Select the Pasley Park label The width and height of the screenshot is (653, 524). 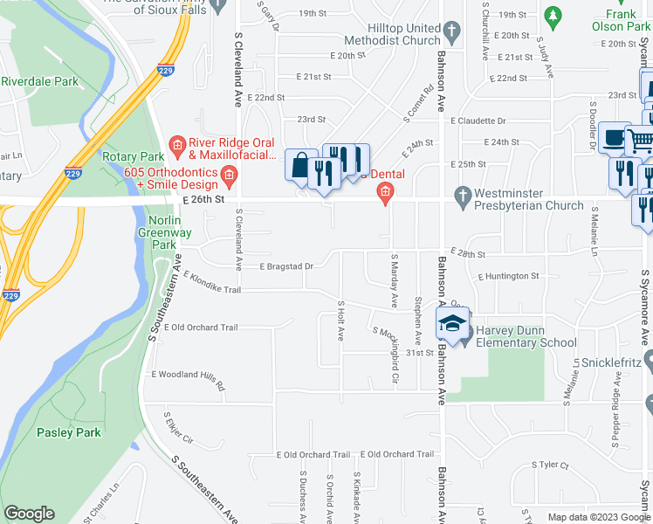tap(68, 432)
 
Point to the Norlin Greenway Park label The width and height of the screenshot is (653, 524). tap(158, 233)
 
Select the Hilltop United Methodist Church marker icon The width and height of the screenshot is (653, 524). tap(451, 32)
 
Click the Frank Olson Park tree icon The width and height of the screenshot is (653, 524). tap(552, 15)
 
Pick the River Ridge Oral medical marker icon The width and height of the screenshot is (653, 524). tap(177, 144)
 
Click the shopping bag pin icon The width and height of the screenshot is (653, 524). tap(300, 164)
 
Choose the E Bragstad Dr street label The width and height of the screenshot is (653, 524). tap(285, 265)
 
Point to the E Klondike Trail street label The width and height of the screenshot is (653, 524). tap(211, 282)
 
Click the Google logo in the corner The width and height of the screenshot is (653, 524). tap(30, 514)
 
